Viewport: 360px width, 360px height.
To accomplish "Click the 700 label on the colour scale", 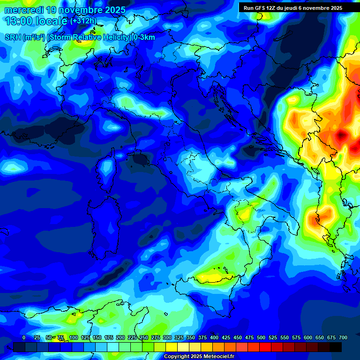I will pos(343,337).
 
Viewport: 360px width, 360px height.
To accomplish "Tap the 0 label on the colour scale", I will pos(24,337).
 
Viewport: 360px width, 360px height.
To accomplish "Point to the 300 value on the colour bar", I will pos(167,337).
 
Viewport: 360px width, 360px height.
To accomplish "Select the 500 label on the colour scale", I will pos(261,337).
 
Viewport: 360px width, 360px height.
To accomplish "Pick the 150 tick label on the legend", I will pos(97,337).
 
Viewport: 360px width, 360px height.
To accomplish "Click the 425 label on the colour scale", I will pos(226,337).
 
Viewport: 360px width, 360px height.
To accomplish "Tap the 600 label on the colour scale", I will pos(308,337).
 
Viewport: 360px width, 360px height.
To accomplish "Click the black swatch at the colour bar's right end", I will pos(336,347).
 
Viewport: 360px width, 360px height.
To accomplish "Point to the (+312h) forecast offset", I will pos(83,21).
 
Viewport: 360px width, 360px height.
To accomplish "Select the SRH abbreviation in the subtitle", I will pos(13,37).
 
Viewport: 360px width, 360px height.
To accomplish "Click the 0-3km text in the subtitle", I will pos(144,37).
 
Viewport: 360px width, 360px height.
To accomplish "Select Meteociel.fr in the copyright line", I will pos(216,357).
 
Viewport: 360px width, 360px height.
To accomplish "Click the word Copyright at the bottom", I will pos(178,357).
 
